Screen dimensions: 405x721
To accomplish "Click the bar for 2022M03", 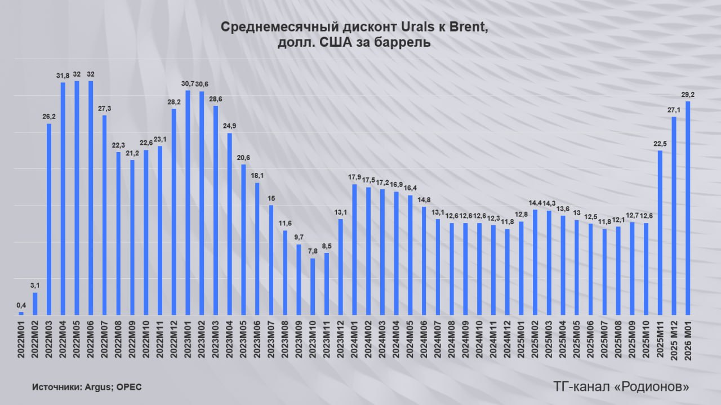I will pyautogui.click(x=49, y=220).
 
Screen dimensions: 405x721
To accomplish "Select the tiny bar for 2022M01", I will pyautogui.click(x=21, y=313).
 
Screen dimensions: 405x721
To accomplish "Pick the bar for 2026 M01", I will pyautogui.click(x=688, y=208).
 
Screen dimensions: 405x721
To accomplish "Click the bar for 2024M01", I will pyautogui.click(x=354, y=250).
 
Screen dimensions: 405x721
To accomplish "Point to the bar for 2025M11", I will pyautogui.click(x=660, y=233).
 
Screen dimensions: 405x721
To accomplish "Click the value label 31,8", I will pyautogui.click(x=63, y=76).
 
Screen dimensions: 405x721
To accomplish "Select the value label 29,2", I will pyautogui.click(x=688, y=95).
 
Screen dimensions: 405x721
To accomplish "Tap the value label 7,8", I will pyautogui.click(x=313, y=252).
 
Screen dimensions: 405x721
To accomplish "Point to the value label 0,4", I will pyautogui.click(x=21, y=306).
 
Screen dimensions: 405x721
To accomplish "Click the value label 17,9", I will pyautogui.click(x=354, y=178).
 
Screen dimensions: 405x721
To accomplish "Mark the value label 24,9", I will pyautogui.click(x=229, y=126).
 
